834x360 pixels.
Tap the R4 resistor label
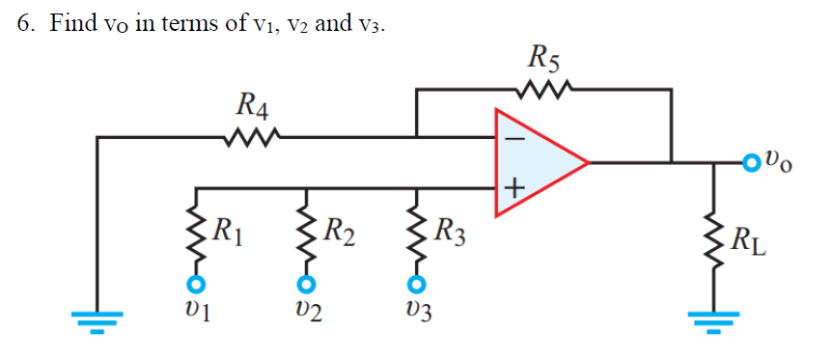coord(253,102)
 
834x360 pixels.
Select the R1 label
coord(227,231)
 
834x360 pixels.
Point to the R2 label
coord(338,232)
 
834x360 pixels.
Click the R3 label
coord(450,232)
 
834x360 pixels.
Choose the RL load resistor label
coord(750,235)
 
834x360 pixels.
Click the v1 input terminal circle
coord(196,284)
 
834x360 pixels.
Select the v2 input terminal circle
coord(305,284)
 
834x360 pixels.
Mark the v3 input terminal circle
coord(415,284)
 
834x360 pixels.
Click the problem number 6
coord(25,23)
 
